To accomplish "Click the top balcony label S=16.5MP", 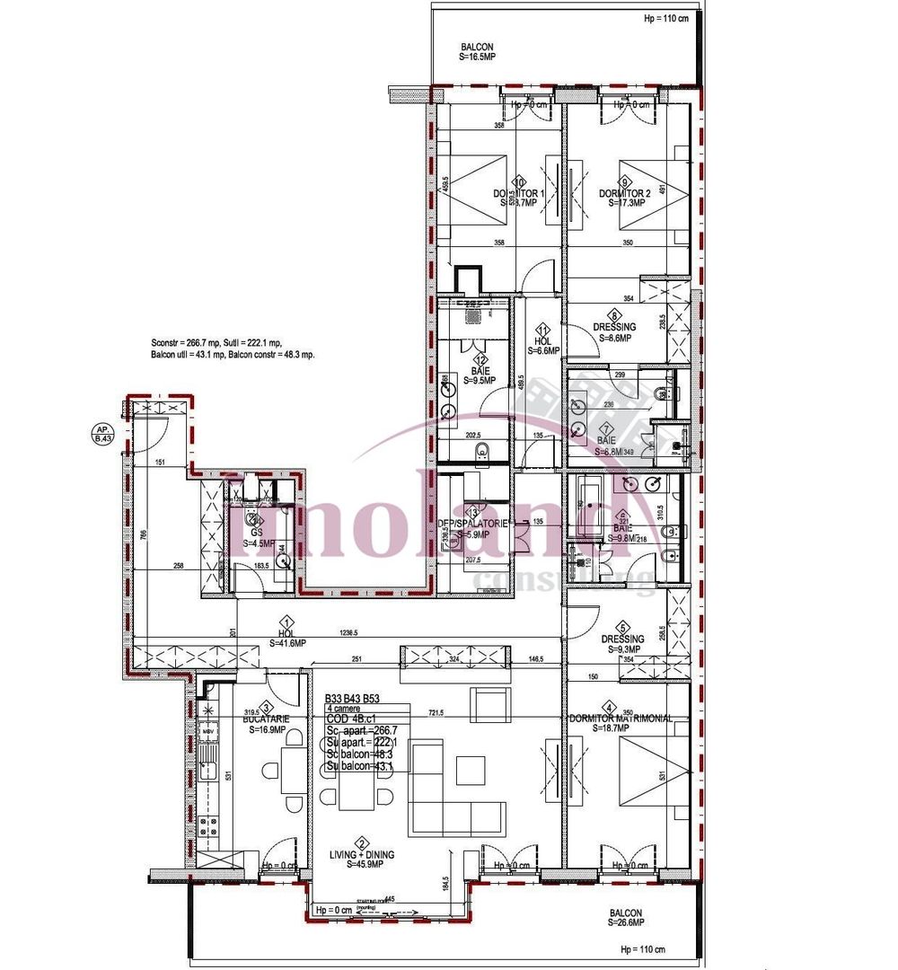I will [x=477, y=55].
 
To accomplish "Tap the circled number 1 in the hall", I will [x=286, y=622].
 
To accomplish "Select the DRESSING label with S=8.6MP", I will [x=614, y=332].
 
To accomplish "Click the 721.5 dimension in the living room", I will [x=436, y=712].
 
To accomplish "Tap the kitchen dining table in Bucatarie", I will [x=293, y=770].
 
